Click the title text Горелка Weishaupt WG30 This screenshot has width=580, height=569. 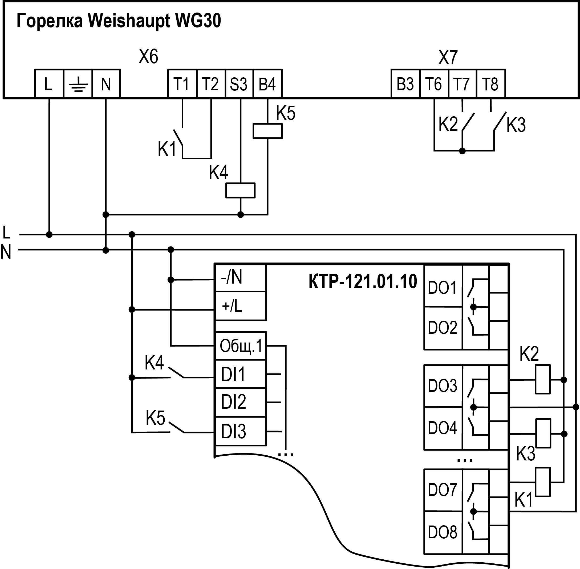tap(119, 21)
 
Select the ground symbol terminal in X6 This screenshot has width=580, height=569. tap(78, 84)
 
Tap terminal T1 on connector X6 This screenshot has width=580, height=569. tap(182, 84)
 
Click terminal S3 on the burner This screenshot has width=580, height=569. tap(239, 84)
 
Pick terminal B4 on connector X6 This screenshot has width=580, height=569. tap(267, 84)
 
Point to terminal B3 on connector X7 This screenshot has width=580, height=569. tap(405, 84)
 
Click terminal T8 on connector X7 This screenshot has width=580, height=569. tap(491, 84)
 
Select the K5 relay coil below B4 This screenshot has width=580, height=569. tap(267, 131)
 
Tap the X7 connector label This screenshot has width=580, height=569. tap(448, 57)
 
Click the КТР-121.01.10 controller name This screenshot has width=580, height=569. tap(363, 282)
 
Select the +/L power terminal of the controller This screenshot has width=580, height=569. tap(240, 306)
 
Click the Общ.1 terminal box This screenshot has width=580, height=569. tap(240, 346)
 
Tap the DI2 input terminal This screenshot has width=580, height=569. tap(240, 402)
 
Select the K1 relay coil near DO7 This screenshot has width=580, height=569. tap(543, 482)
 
